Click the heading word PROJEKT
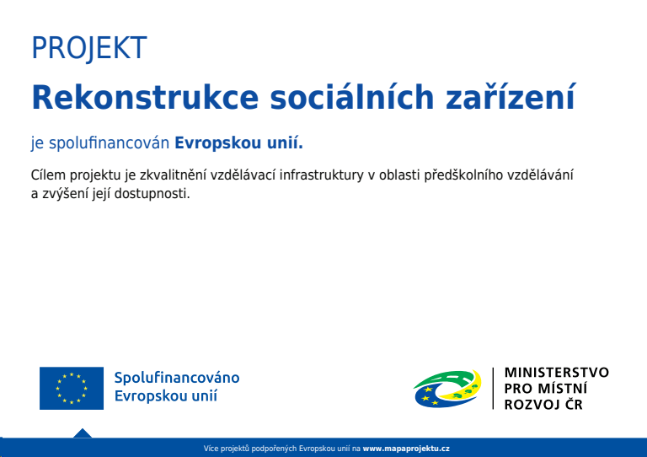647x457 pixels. pos(89,48)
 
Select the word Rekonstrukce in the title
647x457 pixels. pos(145,98)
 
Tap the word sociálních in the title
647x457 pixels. pos(352,97)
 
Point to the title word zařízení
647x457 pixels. pos(511,97)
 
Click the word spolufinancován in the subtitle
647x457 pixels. pos(109,143)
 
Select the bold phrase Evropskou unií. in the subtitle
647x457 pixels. pos(239,143)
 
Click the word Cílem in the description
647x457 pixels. pos(48,175)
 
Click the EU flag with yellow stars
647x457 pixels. pos(72,388)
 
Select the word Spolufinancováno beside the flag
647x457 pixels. pos(177,378)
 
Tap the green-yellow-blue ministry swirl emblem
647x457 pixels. pos(447,389)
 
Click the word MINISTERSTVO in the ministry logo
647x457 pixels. pos(557,373)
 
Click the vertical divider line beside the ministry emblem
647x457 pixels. pos(493,389)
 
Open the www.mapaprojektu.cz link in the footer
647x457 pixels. pos(406,449)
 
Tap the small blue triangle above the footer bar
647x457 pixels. pos(83,433)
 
